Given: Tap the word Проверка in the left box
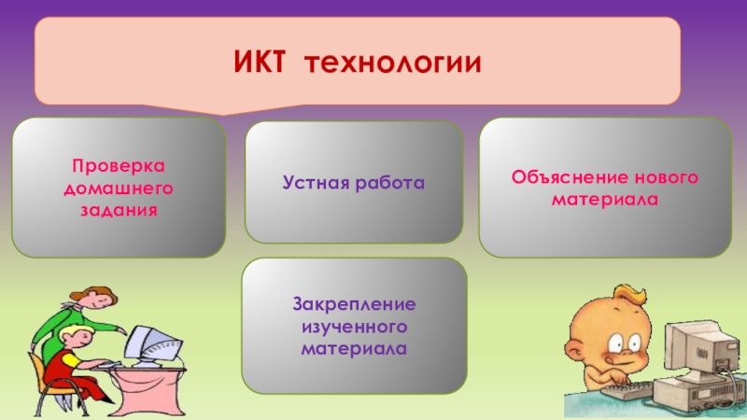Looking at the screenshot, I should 119,166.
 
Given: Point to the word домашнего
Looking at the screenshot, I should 118,189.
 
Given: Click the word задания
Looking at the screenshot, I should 119,211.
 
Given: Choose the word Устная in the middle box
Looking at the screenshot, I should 317,183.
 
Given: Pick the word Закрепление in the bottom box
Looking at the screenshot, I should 354,305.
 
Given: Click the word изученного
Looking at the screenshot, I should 354,328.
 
